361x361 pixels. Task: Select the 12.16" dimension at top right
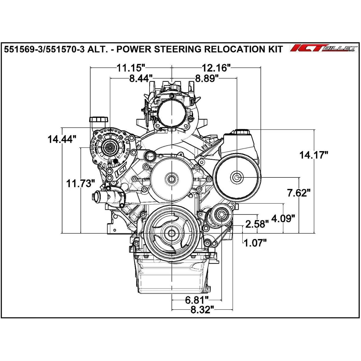click(x=217, y=68)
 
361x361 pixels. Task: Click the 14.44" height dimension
click(x=61, y=139)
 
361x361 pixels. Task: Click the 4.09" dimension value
click(x=283, y=219)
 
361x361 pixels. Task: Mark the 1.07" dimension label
click(x=255, y=243)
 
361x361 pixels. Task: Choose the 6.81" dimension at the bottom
click(x=197, y=300)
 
